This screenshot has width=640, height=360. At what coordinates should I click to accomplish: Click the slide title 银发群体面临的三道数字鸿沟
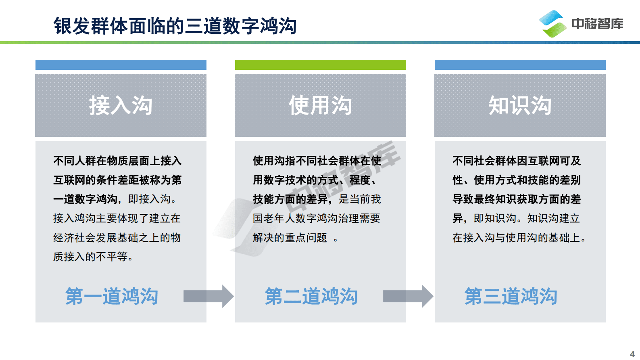pyautogui.click(x=175, y=26)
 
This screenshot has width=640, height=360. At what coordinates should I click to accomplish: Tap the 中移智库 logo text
pyautogui.click(x=597, y=24)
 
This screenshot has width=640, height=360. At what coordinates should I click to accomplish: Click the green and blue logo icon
pyautogui.click(x=552, y=24)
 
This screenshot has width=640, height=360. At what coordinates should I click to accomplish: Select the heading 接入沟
pyautogui.click(x=121, y=105)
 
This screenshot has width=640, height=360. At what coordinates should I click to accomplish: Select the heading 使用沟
pyautogui.click(x=320, y=105)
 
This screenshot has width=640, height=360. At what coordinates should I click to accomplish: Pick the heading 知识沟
pyautogui.click(x=520, y=105)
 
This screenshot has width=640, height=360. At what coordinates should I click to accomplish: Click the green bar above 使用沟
pyautogui.click(x=320, y=65)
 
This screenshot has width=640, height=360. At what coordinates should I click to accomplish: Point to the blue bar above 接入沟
pyautogui.click(x=121, y=65)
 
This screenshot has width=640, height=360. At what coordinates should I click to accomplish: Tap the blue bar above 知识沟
pyautogui.click(x=520, y=65)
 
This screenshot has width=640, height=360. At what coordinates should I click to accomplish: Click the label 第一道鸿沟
pyautogui.click(x=112, y=296)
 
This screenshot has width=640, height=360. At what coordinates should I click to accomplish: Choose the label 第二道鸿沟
pyautogui.click(x=311, y=296)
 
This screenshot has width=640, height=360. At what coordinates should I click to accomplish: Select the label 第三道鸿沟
pyautogui.click(x=511, y=296)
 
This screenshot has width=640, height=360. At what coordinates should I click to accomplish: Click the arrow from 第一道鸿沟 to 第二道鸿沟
pyautogui.click(x=208, y=296)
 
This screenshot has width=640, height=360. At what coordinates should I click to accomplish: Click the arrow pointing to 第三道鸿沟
pyautogui.click(x=408, y=296)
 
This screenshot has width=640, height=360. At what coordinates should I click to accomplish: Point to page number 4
pyautogui.click(x=632, y=354)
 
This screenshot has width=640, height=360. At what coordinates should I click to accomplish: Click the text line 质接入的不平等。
pyautogui.click(x=94, y=257)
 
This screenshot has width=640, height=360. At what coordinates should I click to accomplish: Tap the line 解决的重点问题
pyautogui.click(x=290, y=238)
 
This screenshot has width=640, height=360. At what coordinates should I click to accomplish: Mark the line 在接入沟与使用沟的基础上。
pyautogui.click(x=519, y=238)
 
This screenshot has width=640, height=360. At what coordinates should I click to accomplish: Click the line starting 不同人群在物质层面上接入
pyautogui.click(x=117, y=161)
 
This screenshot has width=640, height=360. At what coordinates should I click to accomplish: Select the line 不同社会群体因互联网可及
pyautogui.click(x=517, y=161)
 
